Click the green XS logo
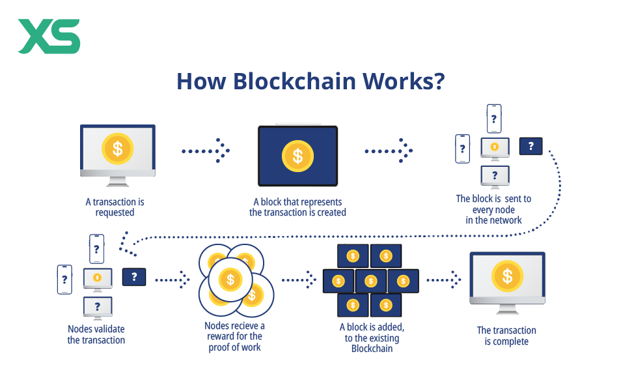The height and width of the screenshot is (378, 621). [x=49, y=36]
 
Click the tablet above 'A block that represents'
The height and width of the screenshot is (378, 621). [x=297, y=155]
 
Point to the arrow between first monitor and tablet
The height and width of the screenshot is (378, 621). [x=206, y=151]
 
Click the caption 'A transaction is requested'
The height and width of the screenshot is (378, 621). [x=115, y=207]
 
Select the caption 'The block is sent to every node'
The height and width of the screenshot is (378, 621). [x=493, y=209]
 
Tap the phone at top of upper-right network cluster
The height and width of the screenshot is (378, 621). [x=494, y=119]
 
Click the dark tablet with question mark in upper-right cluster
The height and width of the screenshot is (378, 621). [x=531, y=146]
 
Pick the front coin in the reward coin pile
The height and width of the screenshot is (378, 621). [x=230, y=280]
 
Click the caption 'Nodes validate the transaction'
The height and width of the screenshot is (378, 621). [x=96, y=334]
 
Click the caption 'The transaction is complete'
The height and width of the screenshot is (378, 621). [x=506, y=336]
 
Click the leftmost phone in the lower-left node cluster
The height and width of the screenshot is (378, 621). [x=64, y=279]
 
